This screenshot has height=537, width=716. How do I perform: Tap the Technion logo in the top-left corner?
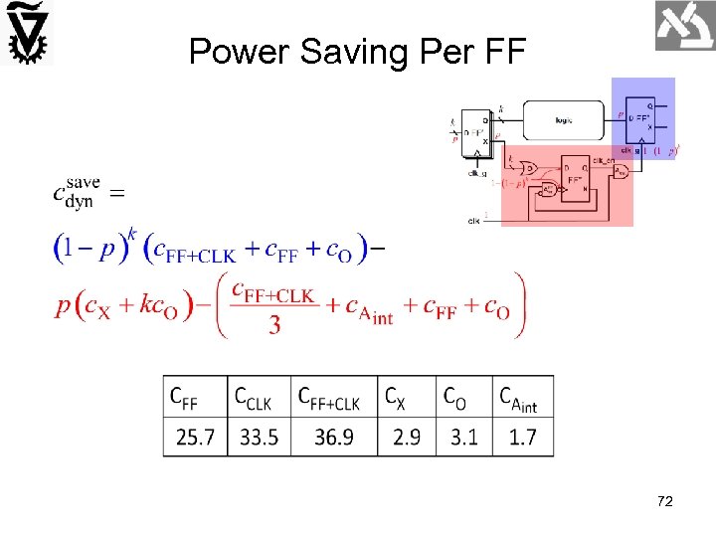[27, 33]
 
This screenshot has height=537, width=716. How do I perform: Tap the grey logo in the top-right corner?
[684, 26]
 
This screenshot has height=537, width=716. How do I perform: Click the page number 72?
[665, 502]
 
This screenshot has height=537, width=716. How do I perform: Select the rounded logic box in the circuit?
[563, 120]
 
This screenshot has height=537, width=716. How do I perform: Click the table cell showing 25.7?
[195, 437]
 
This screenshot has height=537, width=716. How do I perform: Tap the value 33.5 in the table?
[259, 437]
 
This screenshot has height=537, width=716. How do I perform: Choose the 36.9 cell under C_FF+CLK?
[333, 437]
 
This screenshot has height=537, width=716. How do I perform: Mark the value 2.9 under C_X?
[407, 437]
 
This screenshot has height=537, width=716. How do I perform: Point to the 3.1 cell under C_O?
[463, 437]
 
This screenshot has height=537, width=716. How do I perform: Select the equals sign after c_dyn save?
[116, 193]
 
